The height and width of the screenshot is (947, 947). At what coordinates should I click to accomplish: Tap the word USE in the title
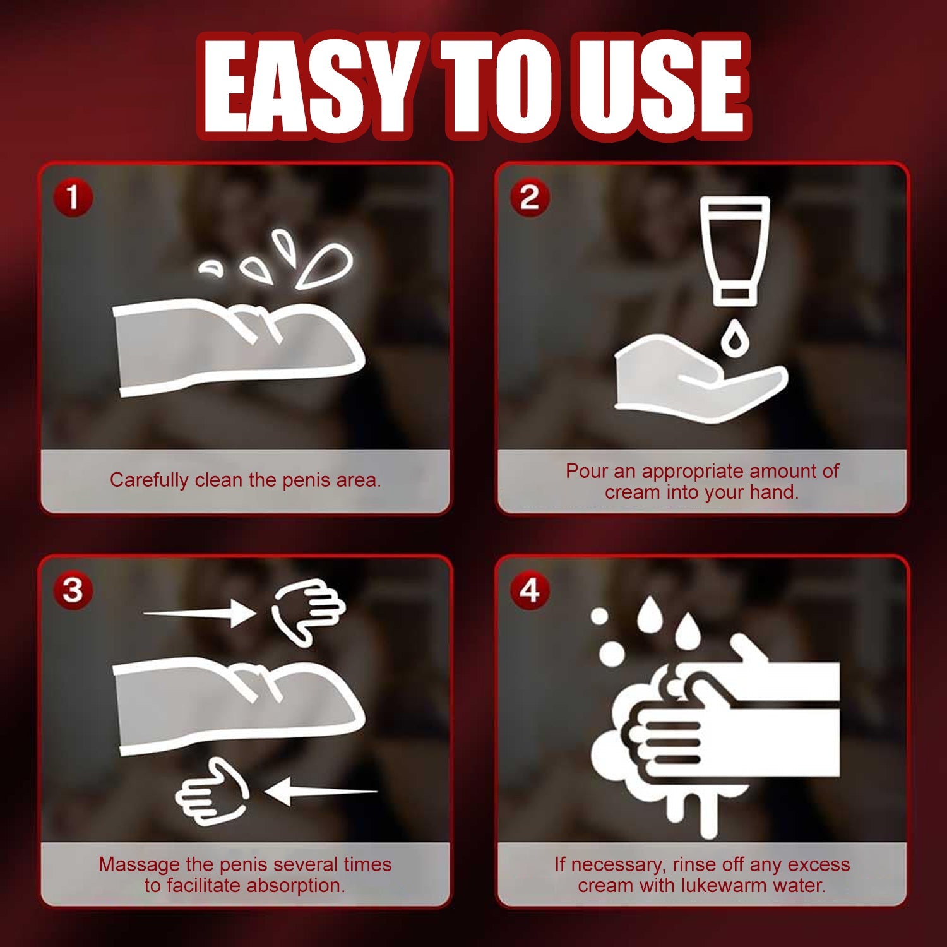(660, 85)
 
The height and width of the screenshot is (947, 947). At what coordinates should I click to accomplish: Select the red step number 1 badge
(73, 198)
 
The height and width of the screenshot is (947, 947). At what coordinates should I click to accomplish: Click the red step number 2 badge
(530, 198)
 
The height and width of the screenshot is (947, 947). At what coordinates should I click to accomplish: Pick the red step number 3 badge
(73, 591)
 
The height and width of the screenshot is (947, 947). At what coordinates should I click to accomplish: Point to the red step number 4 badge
(530, 591)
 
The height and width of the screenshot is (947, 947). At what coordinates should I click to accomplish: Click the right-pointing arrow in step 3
(200, 613)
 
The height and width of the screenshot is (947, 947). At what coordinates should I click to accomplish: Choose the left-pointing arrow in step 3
(321, 791)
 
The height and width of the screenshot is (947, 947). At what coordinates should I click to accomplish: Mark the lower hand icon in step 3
(212, 792)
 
